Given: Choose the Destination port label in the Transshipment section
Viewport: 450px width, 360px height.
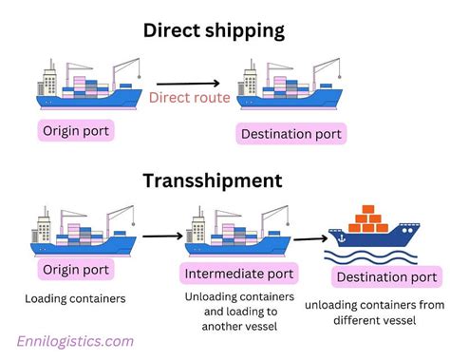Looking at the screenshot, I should click(x=384, y=277).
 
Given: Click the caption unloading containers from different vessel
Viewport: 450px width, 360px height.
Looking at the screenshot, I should click(x=374, y=314).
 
